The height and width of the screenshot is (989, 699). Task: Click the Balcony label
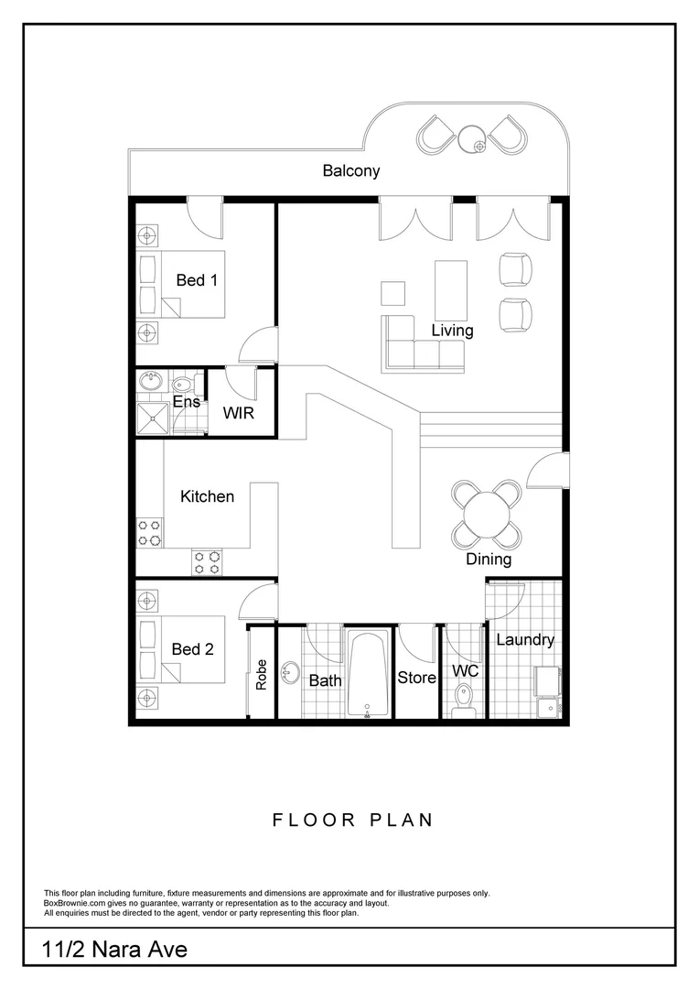pyautogui.click(x=350, y=170)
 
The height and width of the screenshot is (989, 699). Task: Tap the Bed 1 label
pyautogui.click(x=197, y=280)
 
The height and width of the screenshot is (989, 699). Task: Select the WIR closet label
pyautogui.click(x=238, y=413)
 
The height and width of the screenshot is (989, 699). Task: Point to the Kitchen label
pyautogui.click(x=207, y=496)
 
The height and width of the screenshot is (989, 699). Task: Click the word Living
pyautogui.click(x=452, y=330)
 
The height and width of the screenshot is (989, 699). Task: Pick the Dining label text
pyautogui.click(x=489, y=559)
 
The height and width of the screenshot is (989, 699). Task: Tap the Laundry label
pyautogui.click(x=525, y=639)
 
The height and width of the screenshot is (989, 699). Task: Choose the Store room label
pyautogui.click(x=416, y=679)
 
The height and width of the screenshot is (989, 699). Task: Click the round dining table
pyautogui.click(x=488, y=513)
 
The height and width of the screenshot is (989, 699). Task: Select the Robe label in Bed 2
pyautogui.click(x=262, y=674)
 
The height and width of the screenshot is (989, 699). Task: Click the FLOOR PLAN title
pyautogui.click(x=352, y=820)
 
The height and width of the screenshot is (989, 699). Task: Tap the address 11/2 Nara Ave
pyautogui.click(x=114, y=950)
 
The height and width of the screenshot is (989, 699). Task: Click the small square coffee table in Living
pyautogui.click(x=393, y=293)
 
